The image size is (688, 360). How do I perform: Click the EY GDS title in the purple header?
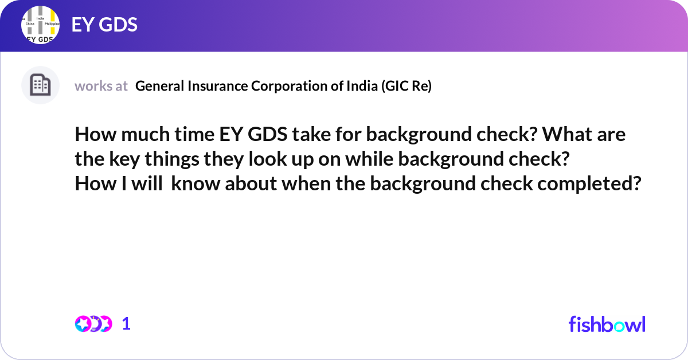click(104, 25)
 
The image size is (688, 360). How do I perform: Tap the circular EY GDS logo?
click(40, 26)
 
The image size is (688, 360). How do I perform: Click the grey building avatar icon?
click(40, 85)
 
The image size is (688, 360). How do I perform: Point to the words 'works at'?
click(101, 86)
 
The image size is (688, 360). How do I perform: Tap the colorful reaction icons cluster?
click(93, 324)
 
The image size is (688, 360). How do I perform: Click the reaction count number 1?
click(126, 324)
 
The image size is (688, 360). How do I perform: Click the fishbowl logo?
click(607, 324)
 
